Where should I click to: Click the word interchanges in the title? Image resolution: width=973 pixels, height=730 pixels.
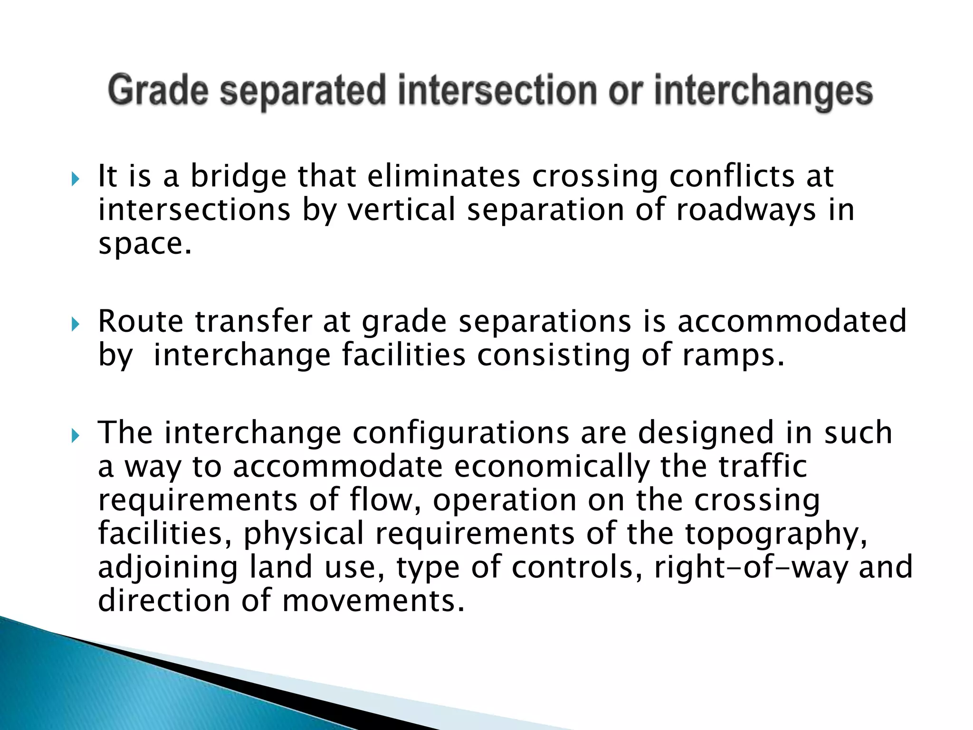tap(763, 91)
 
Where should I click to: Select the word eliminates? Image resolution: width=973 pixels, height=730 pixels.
tap(444, 177)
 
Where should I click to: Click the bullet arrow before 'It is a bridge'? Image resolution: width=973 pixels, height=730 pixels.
tap(75, 180)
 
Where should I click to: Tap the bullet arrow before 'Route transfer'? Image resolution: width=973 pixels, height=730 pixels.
tap(75, 325)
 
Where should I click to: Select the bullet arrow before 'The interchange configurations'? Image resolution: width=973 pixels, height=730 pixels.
tap(75, 436)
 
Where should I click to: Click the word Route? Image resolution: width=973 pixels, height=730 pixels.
tap(141, 322)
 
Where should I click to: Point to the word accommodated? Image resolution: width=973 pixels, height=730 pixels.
tap(792, 322)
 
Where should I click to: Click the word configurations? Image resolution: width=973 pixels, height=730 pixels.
tap(460, 433)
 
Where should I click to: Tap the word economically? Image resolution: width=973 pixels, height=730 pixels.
tap(551, 467)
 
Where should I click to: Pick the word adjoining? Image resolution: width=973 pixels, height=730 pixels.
tap(168, 568)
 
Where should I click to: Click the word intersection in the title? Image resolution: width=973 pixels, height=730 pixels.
tap(497, 91)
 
